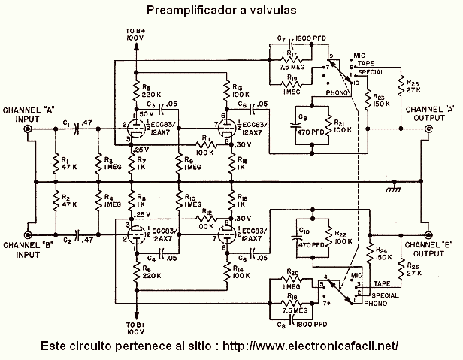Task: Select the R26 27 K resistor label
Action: tap(413, 268)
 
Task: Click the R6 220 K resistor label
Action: tap(148, 275)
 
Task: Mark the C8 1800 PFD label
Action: tap(294, 325)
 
